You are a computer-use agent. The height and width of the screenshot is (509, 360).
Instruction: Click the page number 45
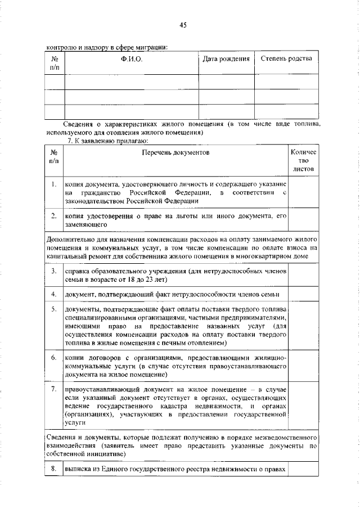coord(183,25)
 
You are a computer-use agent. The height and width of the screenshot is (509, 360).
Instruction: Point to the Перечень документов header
coord(175,152)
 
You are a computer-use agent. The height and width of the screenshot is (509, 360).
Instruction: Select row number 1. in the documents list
coord(53,184)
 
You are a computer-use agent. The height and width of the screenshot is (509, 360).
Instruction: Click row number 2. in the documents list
coord(53,215)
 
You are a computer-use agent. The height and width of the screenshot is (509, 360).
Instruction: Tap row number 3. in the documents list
coord(53,271)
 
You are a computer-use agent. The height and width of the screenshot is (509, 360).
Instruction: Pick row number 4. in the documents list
coord(53,294)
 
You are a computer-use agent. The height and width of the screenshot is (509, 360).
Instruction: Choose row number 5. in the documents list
coord(53,309)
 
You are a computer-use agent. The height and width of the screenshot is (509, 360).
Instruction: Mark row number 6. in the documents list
coord(53,357)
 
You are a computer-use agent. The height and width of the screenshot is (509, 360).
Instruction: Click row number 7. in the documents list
coord(53,389)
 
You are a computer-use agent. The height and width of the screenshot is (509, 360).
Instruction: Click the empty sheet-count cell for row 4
coord(304,294)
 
